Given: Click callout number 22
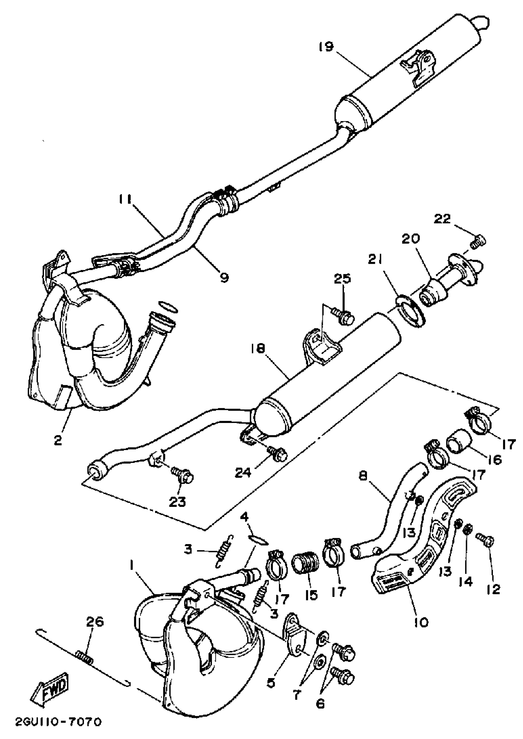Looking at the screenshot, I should [446, 219].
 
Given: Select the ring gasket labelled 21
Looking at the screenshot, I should [411, 312].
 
